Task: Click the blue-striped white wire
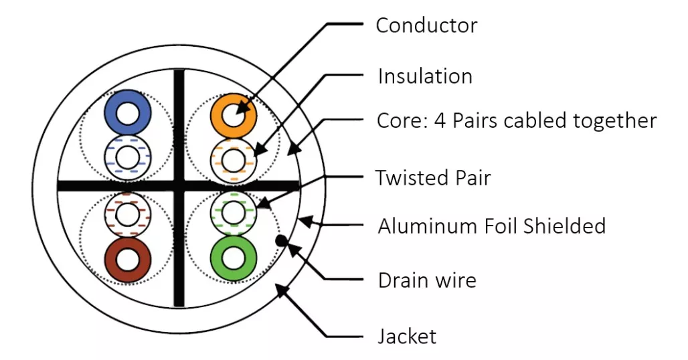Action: (126, 159)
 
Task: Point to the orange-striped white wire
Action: (233, 159)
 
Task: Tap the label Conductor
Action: (426, 25)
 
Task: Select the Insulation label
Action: (425, 76)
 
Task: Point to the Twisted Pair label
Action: (432, 178)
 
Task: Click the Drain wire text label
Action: (427, 280)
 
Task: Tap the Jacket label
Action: (407, 335)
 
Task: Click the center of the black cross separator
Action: (179, 186)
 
